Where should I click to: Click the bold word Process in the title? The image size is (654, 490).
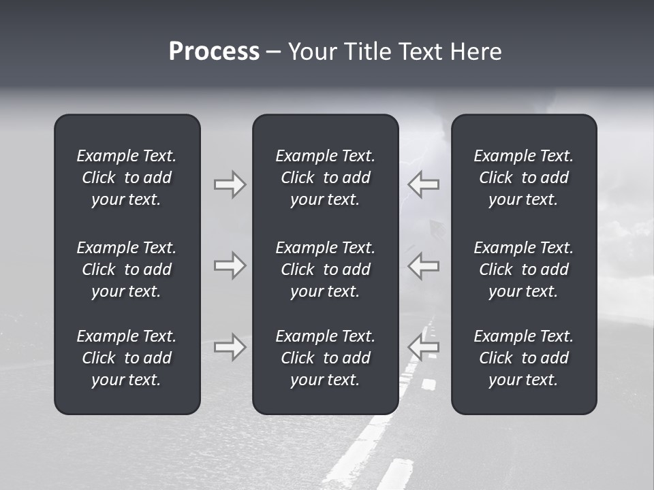[x=214, y=52]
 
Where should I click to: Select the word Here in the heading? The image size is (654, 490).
[x=476, y=52]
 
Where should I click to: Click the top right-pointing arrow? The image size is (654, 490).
[x=230, y=184]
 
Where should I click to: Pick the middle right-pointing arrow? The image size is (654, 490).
[x=230, y=265]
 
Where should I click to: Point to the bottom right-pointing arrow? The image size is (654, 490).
[x=230, y=347]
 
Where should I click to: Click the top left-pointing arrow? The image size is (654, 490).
[x=423, y=184]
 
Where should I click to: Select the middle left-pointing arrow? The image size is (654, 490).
[x=423, y=265]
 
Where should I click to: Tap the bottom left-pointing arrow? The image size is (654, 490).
[x=423, y=347]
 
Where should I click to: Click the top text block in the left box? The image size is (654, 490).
[x=127, y=178]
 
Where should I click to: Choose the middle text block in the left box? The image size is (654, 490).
[x=127, y=269]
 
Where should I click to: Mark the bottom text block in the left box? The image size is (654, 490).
[x=127, y=358]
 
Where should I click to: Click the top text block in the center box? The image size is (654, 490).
[x=325, y=178]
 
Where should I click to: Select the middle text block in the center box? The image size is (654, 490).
[x=325, y=269]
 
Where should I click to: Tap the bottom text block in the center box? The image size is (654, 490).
[x=325, y=358]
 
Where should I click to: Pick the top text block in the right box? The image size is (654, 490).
[x=523, y=178]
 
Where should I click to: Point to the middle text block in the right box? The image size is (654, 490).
[x=523, y=269]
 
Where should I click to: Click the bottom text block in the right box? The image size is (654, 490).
[x=523, y=358]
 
